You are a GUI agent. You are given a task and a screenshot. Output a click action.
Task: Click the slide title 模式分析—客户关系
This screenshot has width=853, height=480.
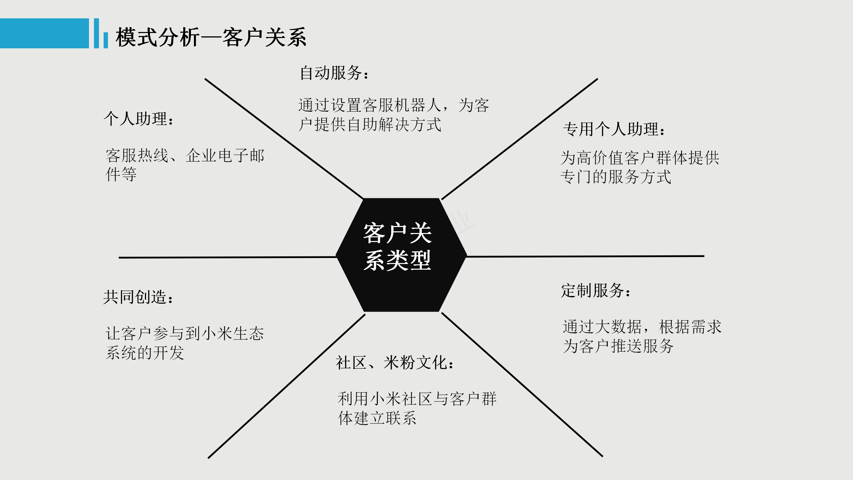(211, 37)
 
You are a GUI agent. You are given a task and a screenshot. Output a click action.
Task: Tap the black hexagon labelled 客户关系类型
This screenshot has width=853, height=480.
(401, 255)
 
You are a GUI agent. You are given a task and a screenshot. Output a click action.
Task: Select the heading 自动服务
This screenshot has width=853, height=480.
(334, 73)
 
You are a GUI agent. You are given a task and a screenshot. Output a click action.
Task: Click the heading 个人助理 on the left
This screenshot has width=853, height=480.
(139, 119)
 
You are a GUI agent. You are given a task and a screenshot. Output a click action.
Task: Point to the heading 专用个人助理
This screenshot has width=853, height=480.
(614, 129)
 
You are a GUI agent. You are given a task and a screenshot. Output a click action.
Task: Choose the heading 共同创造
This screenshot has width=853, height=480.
(138, 297)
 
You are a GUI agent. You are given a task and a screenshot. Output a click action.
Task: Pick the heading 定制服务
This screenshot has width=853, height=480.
(596, 290)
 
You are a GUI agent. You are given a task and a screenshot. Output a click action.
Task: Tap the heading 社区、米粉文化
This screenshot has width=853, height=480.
(395, 363)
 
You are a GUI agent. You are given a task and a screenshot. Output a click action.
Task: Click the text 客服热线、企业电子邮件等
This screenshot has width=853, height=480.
(185, 165)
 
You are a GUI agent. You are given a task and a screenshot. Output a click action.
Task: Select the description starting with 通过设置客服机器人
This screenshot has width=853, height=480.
(394, 115)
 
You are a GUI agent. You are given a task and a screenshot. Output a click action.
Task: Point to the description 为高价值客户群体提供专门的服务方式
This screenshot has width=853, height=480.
(640, 167)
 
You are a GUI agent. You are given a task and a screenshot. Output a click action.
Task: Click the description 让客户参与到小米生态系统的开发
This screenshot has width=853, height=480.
(185, 343)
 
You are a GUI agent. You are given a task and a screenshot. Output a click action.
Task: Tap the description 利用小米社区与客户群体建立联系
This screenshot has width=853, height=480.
(417, 408)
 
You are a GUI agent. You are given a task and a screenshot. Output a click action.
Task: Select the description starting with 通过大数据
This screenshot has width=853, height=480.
(642, 336)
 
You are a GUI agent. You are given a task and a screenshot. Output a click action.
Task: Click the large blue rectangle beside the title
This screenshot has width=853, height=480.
(44, 33)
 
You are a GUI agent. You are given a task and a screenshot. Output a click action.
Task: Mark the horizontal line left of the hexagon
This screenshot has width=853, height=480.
(228, 257)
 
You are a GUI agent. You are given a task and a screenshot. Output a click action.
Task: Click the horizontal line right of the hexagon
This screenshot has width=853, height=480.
(585, 256)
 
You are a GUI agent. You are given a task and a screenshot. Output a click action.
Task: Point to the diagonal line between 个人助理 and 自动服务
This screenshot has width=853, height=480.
(284, 139)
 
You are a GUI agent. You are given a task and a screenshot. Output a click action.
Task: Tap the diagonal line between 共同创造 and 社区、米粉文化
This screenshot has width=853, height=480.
(287, 386)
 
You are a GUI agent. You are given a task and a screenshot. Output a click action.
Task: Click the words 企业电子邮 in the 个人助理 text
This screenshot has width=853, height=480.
(225, 156)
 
